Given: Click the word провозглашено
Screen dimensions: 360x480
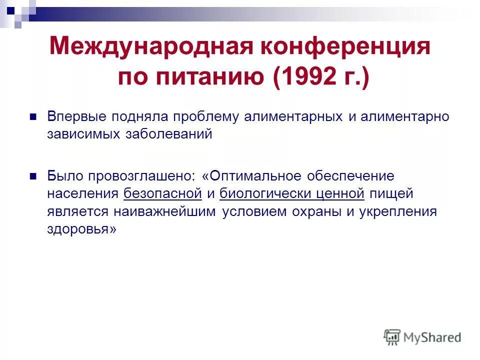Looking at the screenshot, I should [x=144, y=176].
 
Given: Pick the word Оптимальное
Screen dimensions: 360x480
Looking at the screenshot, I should [x=255, y=176].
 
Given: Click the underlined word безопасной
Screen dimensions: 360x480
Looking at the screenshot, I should [x=162, y=193].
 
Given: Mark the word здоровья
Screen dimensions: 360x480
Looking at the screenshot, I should [x=81, y=229].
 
